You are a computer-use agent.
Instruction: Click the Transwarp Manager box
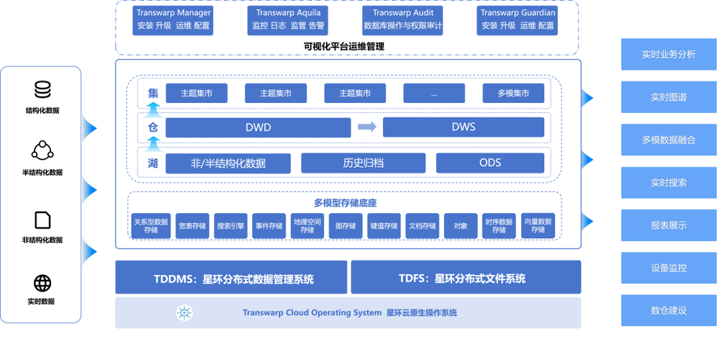pos(173,19)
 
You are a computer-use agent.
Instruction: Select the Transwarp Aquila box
pos(288,19)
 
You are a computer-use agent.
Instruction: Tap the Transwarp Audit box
pos(403,19)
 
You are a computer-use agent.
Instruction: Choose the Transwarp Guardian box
pos(518,19)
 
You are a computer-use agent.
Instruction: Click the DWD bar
pos(258,127)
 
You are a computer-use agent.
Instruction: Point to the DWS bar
pos(463,127)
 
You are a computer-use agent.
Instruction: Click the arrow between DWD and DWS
pos(366,127)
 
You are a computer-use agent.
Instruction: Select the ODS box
pos(490,163)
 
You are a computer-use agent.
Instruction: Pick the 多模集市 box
pos(513,93)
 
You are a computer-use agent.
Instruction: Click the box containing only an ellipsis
pos(433,93)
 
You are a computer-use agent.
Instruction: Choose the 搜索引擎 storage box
pos(230,225)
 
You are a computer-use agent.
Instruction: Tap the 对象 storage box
pos(461,225)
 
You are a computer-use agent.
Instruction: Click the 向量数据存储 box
pos(538,225)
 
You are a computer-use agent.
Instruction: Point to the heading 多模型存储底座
pos(345,203)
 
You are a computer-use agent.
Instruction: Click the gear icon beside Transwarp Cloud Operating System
pos(185,312)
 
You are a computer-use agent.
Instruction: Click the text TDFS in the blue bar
pos(413,279)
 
